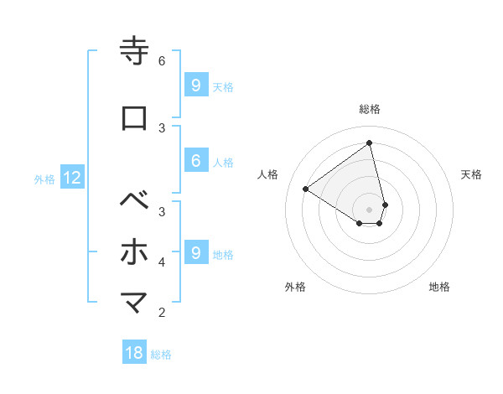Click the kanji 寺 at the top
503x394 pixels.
(x=135, y=51)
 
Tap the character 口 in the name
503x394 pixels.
(x=135, y=118)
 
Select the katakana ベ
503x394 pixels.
(x=135, y=202)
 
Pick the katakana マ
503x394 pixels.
(x=135, y=302)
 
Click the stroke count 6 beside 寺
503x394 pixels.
(x=162, y=61)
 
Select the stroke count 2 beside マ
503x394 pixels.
(x=162, y=313)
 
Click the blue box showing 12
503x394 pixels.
(x=72, y=178)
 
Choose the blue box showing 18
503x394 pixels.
(x=134, y=353)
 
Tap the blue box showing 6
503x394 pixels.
(x=195, y=162)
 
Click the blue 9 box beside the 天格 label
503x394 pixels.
(x=195, y=86)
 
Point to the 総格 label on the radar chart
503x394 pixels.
(x=370, y=109)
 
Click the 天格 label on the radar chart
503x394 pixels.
(x=471, y=174)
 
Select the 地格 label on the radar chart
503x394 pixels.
(x=439, y=287)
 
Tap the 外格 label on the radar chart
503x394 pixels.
(x=295, y=287)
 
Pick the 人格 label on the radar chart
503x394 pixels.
(x=268, y=174)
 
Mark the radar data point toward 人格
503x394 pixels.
(x=306, y=189)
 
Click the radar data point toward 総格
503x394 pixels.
(x=370, y=143)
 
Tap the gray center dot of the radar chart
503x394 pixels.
(x=370, y=209)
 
